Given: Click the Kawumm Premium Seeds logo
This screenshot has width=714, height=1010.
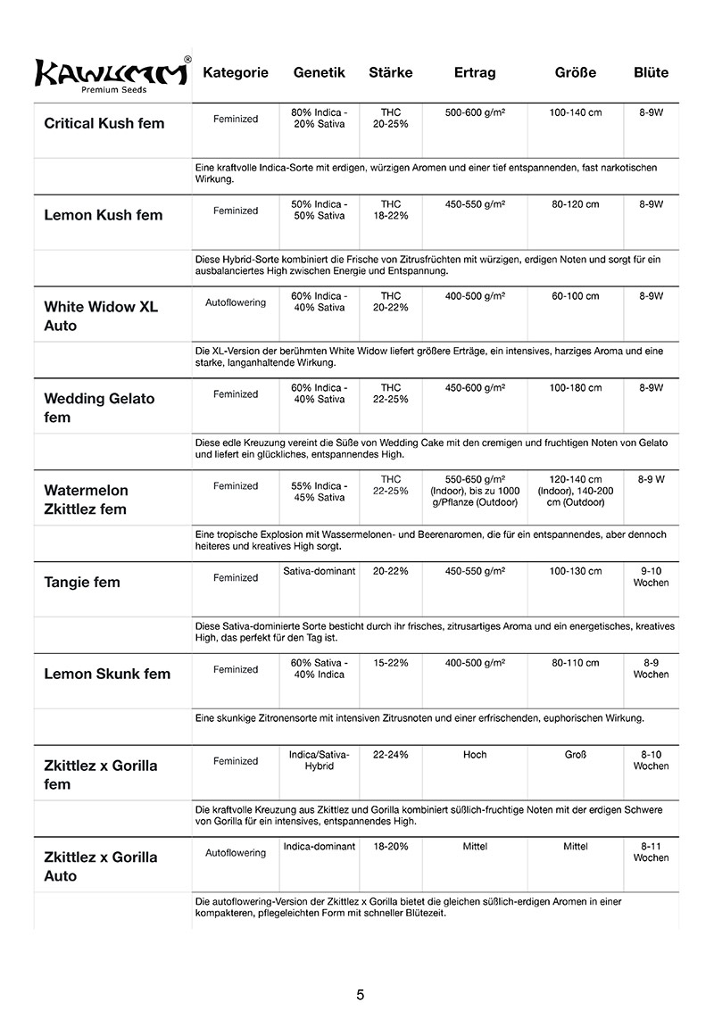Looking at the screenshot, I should pyautogui.click(x=112, y=75).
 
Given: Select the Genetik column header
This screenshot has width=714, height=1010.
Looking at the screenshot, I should pyautogui.click(x=319, y=73).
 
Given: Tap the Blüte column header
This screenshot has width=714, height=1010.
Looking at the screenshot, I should pyautogui.click(x=650, y=73).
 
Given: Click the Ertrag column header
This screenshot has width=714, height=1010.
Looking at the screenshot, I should pyautogui.click(x=474, y=73).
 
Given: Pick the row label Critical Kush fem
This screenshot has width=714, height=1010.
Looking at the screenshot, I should pyautogui.click(x=104, y=123).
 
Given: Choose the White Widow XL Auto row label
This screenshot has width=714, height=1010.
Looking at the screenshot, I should pyautogui.click(x=101, y=316).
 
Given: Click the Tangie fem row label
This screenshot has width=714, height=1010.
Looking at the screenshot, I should pyautogui.click(x=81, y=583).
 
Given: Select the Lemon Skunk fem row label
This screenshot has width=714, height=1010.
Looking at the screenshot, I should pyautogui.click(x=106, y=674).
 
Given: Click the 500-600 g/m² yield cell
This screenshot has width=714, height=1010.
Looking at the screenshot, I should pyautogui.click(x=475, y=113).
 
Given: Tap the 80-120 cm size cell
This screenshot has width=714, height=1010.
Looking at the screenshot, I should pyautogui.click(x=575, y=205).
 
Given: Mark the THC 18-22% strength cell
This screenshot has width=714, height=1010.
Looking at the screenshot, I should pyautogui.click(x=390, y=211).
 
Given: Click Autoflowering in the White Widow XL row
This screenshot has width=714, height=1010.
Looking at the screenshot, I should pyautogui.click(x=236, y=302).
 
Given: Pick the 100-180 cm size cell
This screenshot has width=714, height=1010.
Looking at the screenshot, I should pyautogui.click(x=575, y=388).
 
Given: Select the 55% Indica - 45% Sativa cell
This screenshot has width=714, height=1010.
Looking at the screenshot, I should pyautogui.click(x=319, y=492).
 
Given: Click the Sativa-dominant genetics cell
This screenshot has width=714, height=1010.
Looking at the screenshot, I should pyautogui.click(x=319, y=571).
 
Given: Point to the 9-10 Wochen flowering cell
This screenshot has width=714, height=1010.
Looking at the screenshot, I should pyautogui.click(x=651, y=576).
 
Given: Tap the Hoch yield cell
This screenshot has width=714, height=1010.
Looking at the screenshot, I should pyautogui.click(x=475, y=755).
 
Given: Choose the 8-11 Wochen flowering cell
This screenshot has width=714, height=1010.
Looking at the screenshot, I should pyautogui.click(x=651, y=851).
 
